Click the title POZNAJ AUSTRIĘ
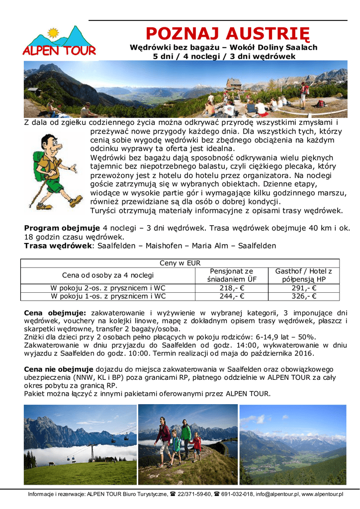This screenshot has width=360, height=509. point(227,34)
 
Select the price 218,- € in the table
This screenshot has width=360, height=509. point(232,288)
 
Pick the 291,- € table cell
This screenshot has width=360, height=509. point(303,288)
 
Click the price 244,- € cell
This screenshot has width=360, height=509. point(232,296)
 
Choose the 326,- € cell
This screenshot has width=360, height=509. point(303,296)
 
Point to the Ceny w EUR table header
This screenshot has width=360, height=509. point(180,263)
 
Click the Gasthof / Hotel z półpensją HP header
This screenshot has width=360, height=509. point(303,275)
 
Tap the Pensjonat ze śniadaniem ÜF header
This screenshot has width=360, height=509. point(232,275)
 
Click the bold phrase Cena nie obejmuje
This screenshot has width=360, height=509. point(59,369)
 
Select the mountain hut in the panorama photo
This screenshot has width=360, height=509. point(234,83)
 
